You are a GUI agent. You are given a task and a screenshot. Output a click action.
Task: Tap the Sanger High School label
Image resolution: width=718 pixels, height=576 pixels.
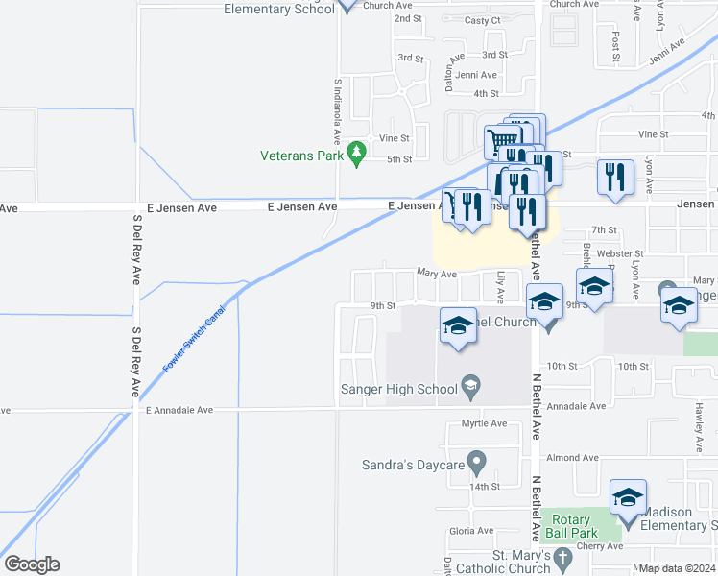[398, 389]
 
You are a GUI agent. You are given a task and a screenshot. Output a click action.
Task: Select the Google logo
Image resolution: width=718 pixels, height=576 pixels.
[32, 564]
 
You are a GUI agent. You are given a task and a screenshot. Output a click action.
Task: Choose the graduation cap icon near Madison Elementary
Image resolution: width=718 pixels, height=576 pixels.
[629, 497]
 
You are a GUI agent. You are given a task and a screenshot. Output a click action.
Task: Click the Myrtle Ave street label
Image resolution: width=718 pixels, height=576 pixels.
[484, 423]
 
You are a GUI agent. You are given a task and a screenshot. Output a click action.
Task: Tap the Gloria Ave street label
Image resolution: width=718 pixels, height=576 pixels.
[471, 530]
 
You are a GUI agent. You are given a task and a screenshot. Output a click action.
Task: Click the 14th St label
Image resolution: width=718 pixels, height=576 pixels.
[485, 487]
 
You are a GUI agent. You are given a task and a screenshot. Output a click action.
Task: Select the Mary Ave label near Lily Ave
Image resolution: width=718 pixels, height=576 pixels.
[436, 274]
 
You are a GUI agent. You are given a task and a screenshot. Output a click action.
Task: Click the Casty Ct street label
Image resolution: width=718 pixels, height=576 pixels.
[482, 20]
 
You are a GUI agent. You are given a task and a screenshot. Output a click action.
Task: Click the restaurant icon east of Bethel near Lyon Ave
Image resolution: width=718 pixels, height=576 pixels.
[615, 177]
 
